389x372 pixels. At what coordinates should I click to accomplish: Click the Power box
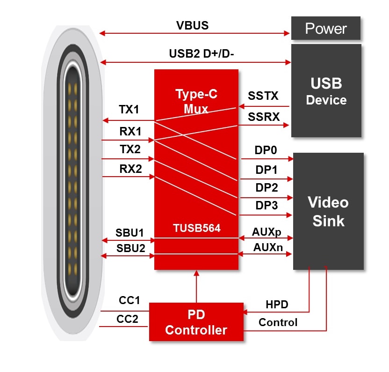click(326, 29)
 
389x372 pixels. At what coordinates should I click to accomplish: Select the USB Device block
click(326, 91)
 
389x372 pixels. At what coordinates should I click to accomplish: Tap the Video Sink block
click(328, 211)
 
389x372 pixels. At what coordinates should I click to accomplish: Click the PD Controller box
click(196, 322)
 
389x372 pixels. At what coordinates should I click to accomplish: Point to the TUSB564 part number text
click(196, 228)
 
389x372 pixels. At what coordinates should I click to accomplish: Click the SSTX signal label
click(263, 96)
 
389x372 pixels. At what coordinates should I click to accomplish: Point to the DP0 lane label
click(266, 150)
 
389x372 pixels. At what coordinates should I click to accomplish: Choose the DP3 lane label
click(267, 205)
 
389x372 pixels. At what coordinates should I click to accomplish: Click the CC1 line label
click(128, 300)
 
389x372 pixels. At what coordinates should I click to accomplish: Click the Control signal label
click(278, 322)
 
